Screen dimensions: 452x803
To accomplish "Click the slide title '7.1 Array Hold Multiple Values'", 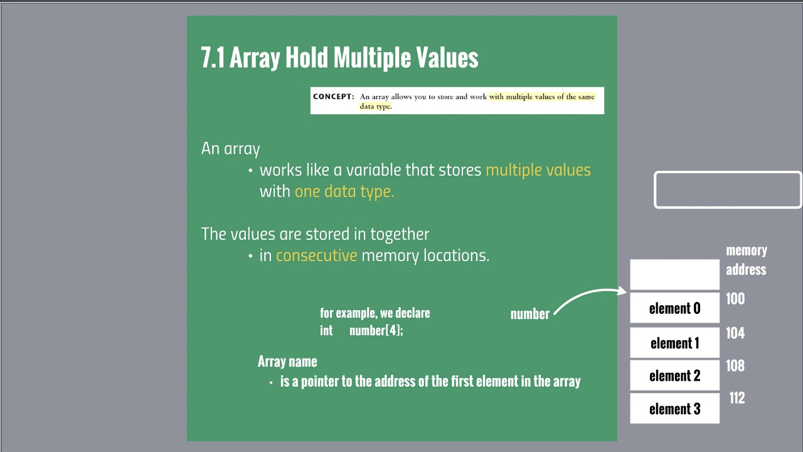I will pyautogui.click(x=339, y=58).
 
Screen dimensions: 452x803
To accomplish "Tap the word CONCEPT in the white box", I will pyautogui.click(x=333, y=97).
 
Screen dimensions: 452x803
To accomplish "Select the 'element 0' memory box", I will pyautogui.click(x=674, y=308).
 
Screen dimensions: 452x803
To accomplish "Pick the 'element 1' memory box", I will pyautogui.click(x=674, y=343).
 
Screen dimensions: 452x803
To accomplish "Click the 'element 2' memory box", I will pyautogui.click(x=674, y=375).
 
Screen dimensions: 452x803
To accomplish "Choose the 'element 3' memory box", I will pyautogui.click(x=674, y=409).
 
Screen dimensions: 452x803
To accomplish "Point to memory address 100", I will pyautogui.click(x=735, y=299).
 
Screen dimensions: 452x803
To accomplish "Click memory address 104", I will pyautogui.click(x=735, y=333).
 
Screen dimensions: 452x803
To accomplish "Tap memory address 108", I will pyautogui.click(x=735, y=365).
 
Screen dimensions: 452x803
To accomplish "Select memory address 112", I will pyautogui.click(x=737, y=398).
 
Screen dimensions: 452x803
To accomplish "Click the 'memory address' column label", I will pyautogui.click(x=746, y=260).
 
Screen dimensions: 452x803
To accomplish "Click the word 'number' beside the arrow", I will pyautogui.click(x=529, y=315).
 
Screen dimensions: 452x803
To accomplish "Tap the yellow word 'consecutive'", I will pyautogui.click(x=316, y=256).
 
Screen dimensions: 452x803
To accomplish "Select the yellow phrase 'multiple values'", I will pyautogui.click(x=538, y=170).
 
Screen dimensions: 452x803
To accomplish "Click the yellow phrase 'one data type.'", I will pyautogui.click(x=344, y=191).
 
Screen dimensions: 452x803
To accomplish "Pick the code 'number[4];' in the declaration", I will pyautogui.click(x=376, y=330).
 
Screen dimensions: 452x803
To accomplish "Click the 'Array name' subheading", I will pyautogui.click(x=287, y=362).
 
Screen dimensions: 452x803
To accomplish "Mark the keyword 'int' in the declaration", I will pyautogui.click(x=326, y=330).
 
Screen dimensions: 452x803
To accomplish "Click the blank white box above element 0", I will pyautogui.click(x=674, y=274).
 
